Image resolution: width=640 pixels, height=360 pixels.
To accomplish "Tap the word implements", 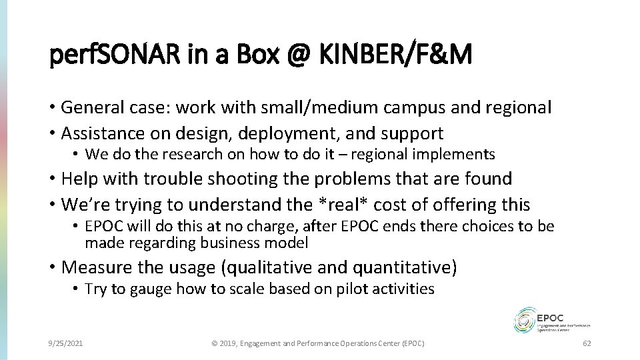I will coord(461,155).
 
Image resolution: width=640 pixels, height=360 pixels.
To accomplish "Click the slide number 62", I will coord(587,343).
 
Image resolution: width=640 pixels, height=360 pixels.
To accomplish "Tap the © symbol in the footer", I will coord(215,343).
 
